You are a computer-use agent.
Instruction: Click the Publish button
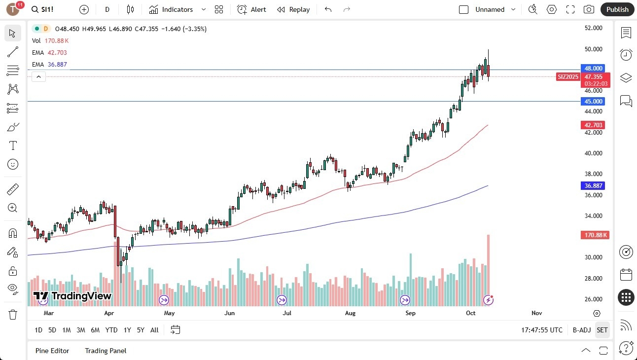[617, 9]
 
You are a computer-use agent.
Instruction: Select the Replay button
[293, 9]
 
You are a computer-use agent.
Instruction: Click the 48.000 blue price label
[594, 68]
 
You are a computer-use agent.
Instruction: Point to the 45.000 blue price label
[594, 101]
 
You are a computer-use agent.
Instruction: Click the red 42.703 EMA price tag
[594, 125]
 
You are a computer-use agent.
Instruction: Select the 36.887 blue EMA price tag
[594, 185]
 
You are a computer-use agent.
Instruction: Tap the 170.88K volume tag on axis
[595, 235]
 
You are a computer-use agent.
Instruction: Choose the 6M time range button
[95, 330]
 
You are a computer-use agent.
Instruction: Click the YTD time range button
[111, 330]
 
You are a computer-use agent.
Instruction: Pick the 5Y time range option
[141, 330]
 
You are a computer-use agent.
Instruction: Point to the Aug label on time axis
[350, 313]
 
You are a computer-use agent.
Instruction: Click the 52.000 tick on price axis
[594, 28]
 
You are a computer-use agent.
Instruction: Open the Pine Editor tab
[52, 351]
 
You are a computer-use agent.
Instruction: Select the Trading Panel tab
[106, 351]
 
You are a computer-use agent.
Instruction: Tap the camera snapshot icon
[589, 9]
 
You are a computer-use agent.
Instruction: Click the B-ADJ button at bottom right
[581, 330]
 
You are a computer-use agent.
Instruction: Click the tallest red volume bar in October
[488, 266]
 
